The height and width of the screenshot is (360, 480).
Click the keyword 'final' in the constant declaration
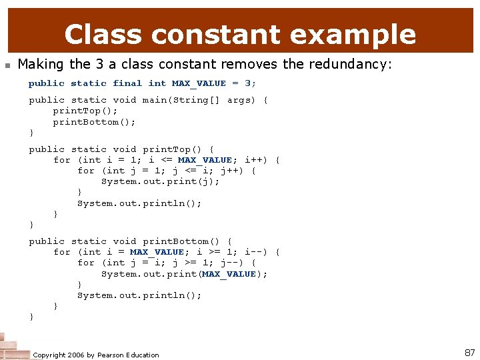(x=127, y=83)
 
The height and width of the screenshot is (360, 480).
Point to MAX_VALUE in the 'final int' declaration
(x=199, y=83)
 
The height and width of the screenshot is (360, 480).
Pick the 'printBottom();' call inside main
(x=95, y=121)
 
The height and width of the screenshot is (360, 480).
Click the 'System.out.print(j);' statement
(x=160, y=181)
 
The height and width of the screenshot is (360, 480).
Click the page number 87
(x=469, y=352)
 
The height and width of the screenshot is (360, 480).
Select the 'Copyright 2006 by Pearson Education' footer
(x=96, y=355)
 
